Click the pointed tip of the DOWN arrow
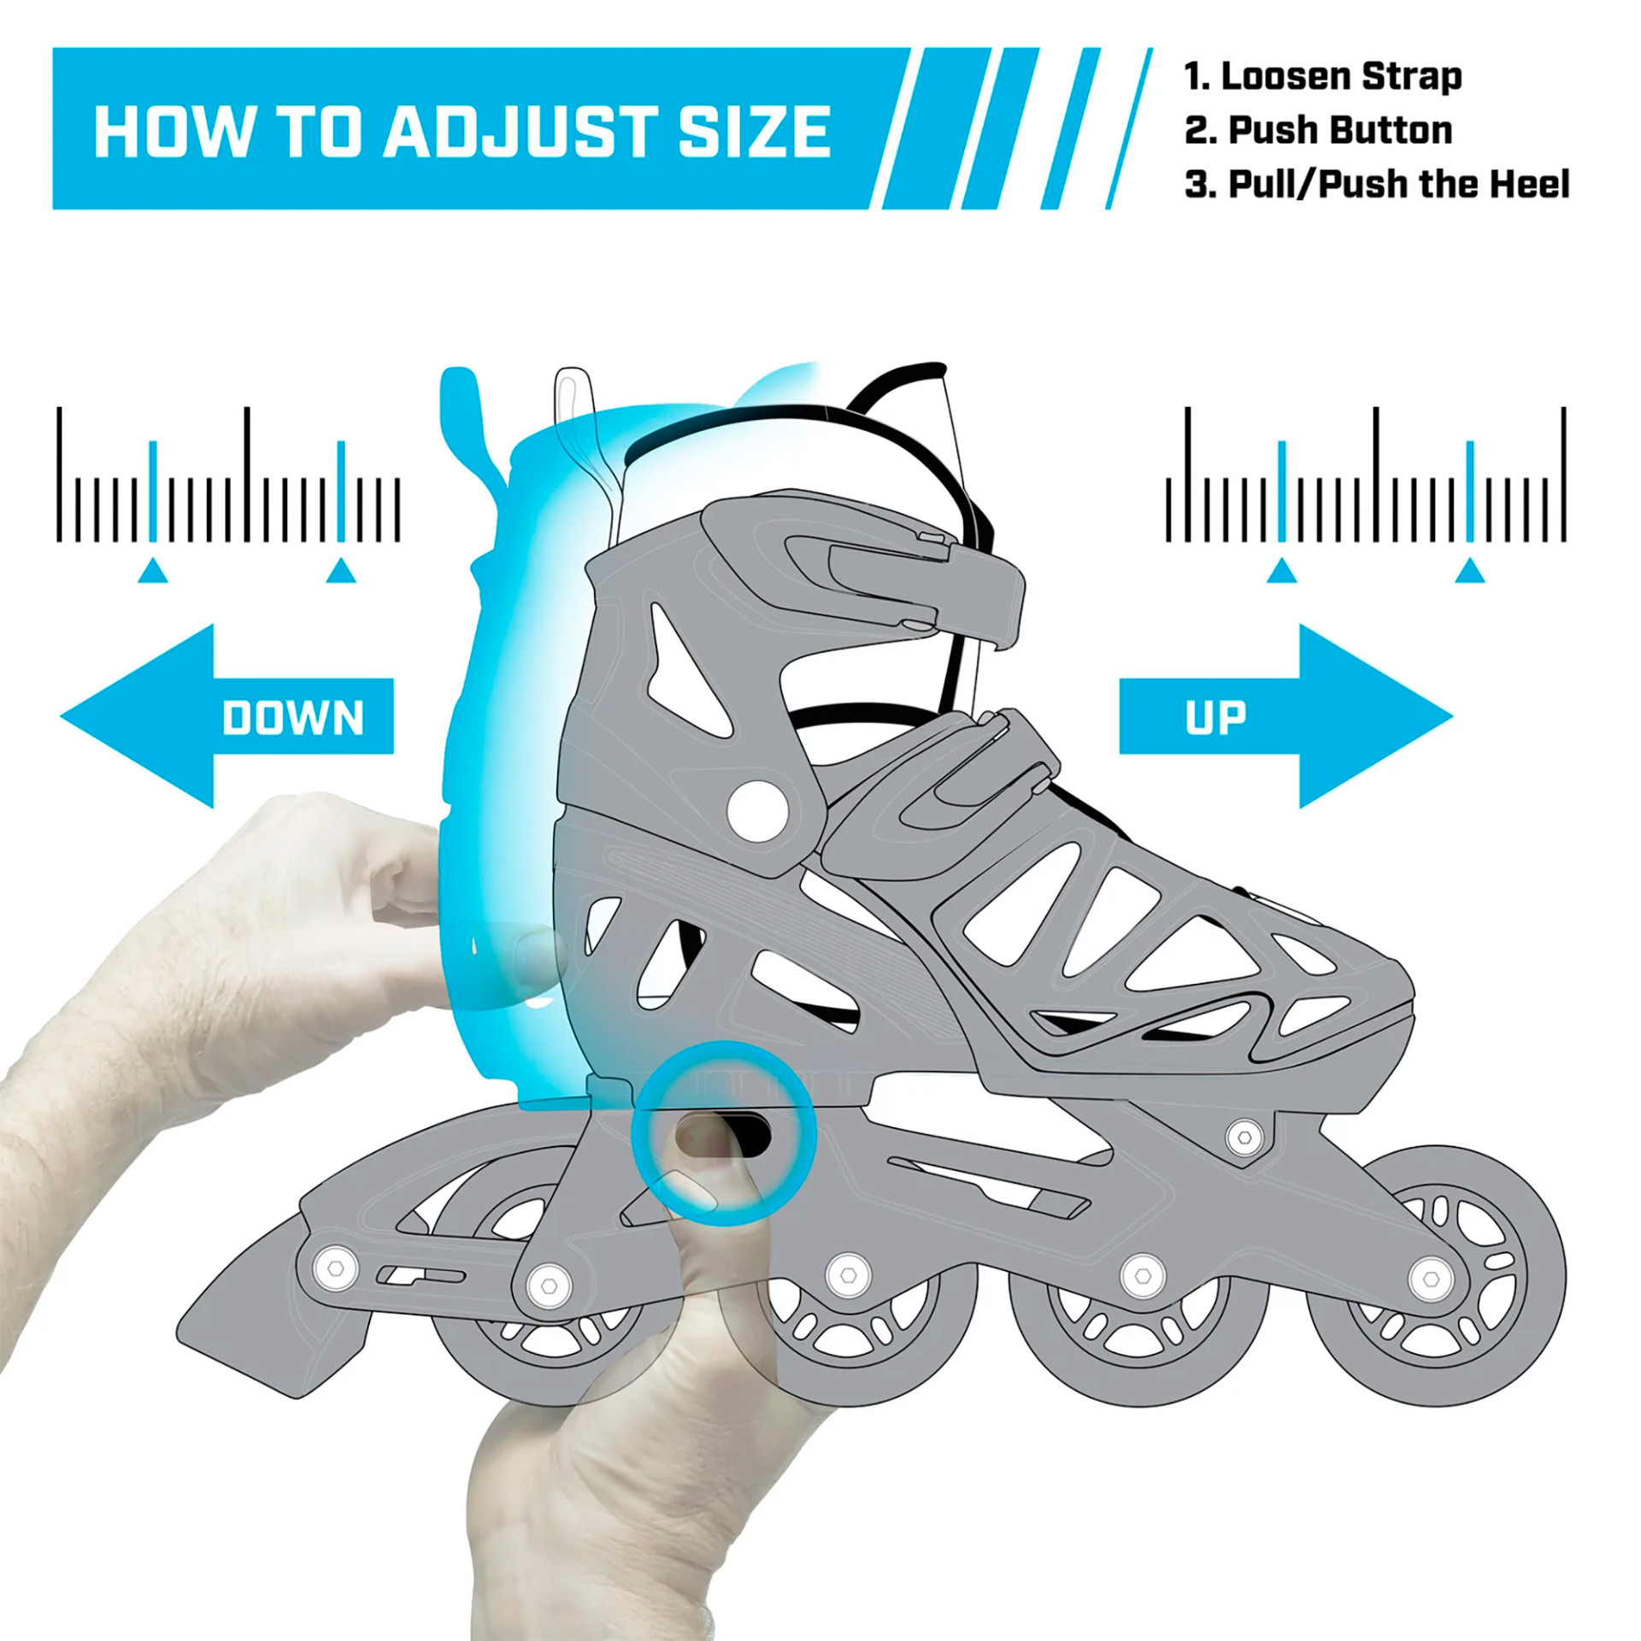(x=62, y=716)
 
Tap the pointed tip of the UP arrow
(x=1452, y=716)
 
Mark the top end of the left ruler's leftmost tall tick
(x=59, y=409)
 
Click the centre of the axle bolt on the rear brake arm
(x=336, y=1268)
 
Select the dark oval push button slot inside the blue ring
(x=723, y=1134)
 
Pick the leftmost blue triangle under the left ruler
(x=153, y=571)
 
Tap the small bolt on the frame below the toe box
(x=1244, y=1138)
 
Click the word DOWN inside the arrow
(x=293, y=718)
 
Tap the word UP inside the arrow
(x=1215, y=718)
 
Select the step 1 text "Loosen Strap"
(x=1341, y=77)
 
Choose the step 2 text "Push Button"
(x=1340, y=131)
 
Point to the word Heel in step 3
(x=1530, y=185)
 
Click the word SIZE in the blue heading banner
(x=754, y=132)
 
